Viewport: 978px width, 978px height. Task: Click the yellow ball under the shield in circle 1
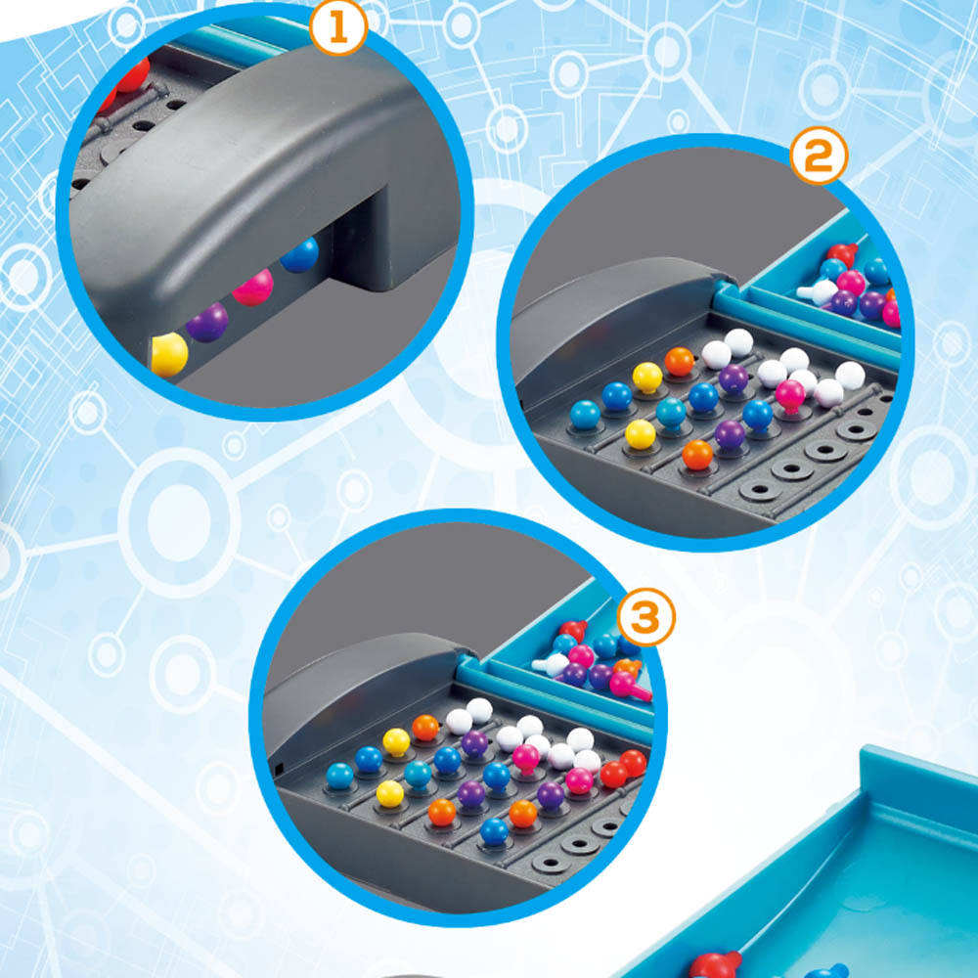(168, 354)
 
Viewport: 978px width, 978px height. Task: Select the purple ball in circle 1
(207, 322)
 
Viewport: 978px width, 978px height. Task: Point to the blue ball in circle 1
(299, 255)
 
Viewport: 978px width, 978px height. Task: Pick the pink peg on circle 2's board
(789, 394)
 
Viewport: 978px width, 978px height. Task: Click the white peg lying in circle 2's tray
(818, 290)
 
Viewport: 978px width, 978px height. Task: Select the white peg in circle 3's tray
(551, 665)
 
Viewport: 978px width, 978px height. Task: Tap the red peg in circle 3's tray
(572, 630)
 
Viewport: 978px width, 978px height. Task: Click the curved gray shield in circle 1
(254, 166)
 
